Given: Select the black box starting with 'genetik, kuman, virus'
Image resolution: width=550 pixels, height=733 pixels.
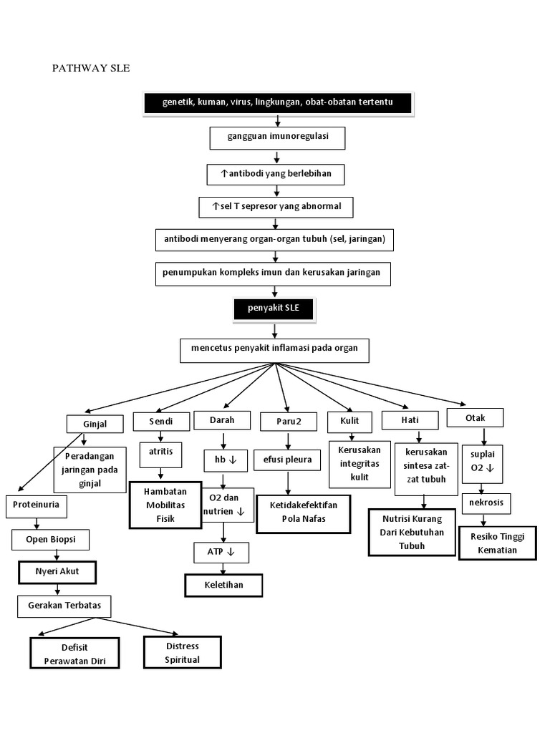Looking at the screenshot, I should [278, 103].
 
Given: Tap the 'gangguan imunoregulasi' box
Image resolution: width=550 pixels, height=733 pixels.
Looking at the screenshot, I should [277, 137].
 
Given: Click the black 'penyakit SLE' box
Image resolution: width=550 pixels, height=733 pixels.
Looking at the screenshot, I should [273, 309].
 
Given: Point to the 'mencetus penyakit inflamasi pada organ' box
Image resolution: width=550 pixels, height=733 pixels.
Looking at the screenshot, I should [274, 350].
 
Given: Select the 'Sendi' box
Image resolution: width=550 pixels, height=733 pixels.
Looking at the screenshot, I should [160, 422].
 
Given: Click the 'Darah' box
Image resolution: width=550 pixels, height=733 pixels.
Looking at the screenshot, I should [222, 420].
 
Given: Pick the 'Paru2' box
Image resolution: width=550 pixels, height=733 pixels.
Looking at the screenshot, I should [287, 422].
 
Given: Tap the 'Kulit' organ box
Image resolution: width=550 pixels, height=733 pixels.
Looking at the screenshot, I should [349, 421].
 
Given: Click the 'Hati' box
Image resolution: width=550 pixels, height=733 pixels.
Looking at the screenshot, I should [410, 421].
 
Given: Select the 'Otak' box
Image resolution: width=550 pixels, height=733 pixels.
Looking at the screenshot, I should [474, 417].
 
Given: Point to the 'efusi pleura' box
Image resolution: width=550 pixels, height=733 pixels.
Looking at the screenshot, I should [287, 460].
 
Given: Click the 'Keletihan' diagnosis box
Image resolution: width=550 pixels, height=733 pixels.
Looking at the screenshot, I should [223, 585].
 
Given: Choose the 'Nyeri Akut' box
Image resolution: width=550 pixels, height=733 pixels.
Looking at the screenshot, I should [57, 572].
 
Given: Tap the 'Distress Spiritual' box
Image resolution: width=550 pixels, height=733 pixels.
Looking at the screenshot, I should [182, 653].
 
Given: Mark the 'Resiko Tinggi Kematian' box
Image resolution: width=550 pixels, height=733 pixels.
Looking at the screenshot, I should [497, 544].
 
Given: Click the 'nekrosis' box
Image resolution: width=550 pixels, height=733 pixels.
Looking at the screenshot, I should [486, 503].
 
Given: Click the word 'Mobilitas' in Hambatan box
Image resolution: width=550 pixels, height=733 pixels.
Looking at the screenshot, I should [165, 505].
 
